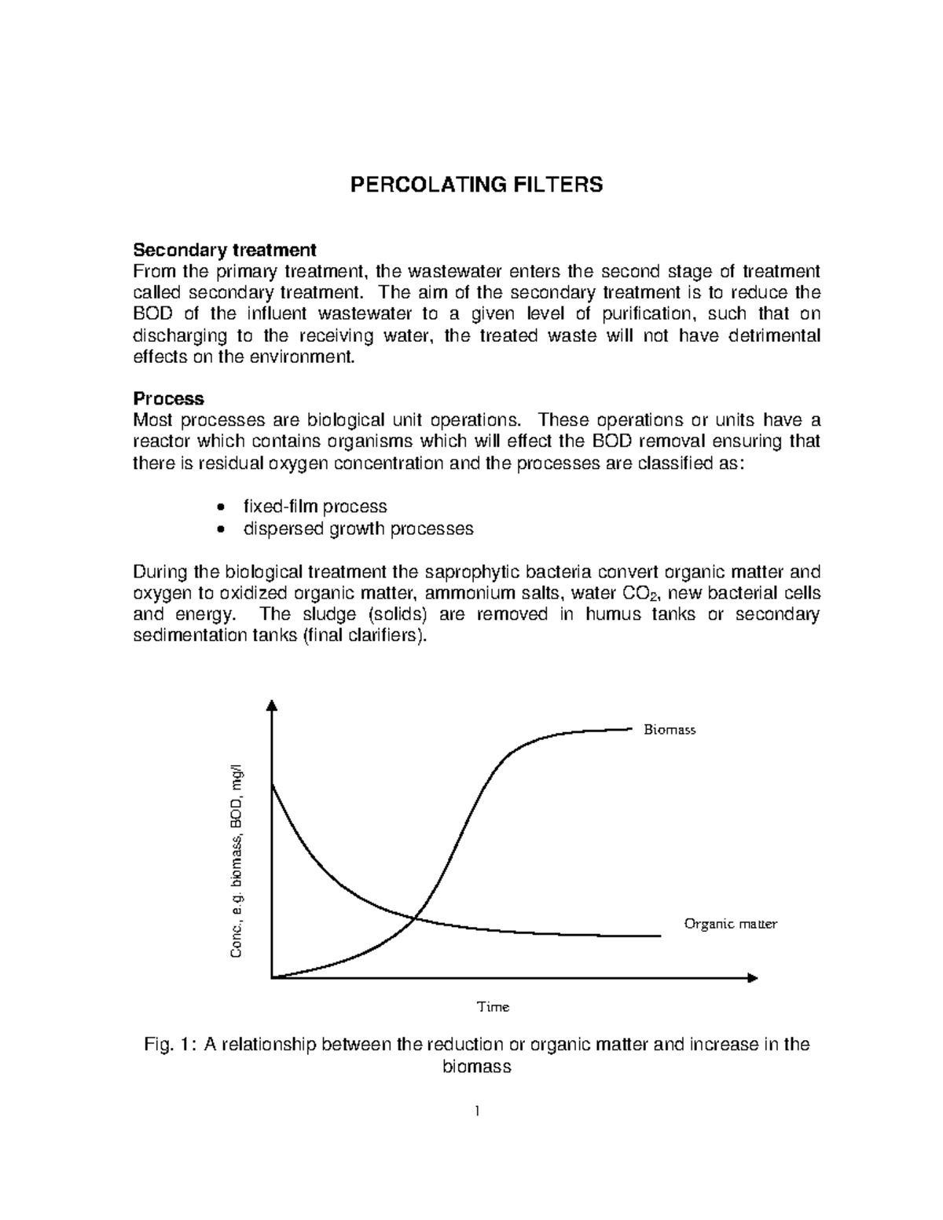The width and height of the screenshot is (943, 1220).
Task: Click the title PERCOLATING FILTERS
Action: click(476, 185)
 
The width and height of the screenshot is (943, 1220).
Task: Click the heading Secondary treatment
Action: click(224, 250)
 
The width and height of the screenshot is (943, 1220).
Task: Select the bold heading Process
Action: click(168, 398)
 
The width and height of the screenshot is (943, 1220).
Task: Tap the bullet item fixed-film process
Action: click(314, 507)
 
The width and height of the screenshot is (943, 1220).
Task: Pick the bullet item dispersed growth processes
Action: click(358, 529)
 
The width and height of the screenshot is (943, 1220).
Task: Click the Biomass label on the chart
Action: click(670, 730)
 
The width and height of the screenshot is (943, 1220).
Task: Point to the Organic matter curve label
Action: click(730, 924)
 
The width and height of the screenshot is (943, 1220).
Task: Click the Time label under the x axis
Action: click(494, 1006)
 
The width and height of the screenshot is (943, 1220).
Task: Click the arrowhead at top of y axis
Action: click(271, 704)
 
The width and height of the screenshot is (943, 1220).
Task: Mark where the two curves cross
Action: click(416, 918)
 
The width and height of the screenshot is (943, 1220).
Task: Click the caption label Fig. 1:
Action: click(168, 1045)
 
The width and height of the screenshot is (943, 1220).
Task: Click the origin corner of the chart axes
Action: click(271, 977)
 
